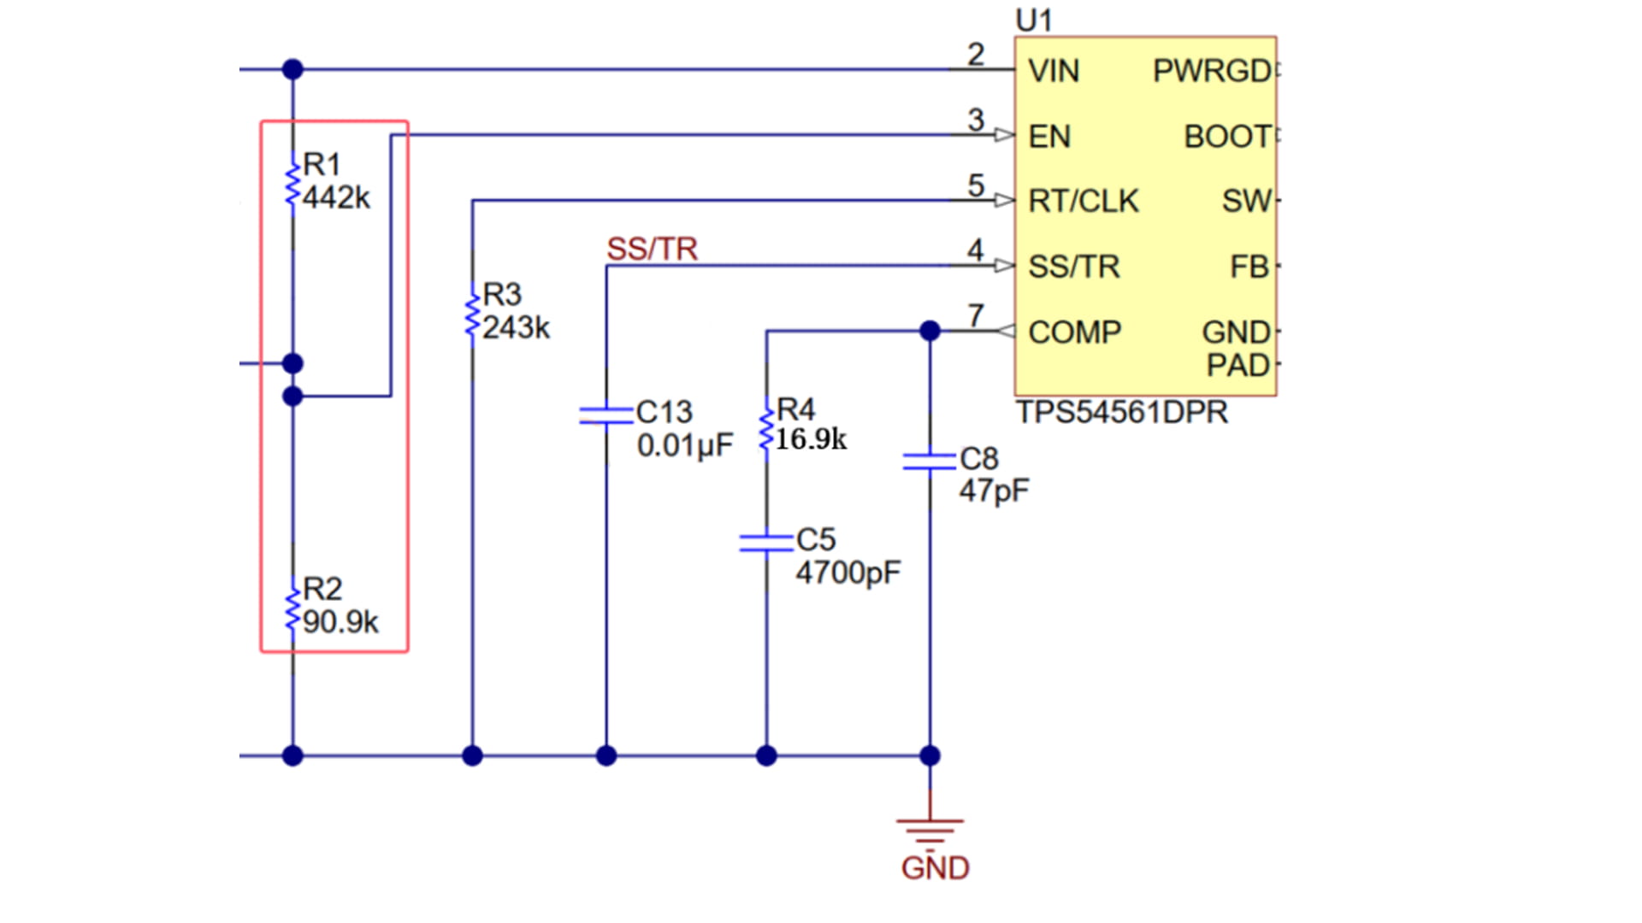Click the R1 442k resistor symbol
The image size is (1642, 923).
[x=292, y=181]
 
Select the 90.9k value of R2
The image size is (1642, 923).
[x=340, y=622]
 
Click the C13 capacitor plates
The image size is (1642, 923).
[x=605, y=416]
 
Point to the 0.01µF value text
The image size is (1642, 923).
[x=684, y=445]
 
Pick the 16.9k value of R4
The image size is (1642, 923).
[x=811, y=439]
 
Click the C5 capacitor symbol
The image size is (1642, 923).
[x=766, y=543]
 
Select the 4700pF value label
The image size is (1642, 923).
[x=848, y=573]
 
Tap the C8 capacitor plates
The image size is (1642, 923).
[x=930, y=461]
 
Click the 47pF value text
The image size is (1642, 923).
[x=993, y=491]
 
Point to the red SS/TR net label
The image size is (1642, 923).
[x=652, y=249]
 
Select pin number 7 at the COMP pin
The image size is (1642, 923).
[x=976, y=315]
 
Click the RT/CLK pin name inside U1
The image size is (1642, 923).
[x=1083, y=201]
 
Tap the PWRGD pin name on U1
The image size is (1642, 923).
[x=1211, y=71]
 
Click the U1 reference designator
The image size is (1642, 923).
[x=1034, y=21]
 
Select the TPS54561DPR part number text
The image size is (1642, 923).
[x=1122, y=413]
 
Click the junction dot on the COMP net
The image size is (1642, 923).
[x=930, y=331]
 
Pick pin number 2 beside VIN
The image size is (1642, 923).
[x=976, y=55]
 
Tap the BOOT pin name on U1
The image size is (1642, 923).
[x=1226, y=137]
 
